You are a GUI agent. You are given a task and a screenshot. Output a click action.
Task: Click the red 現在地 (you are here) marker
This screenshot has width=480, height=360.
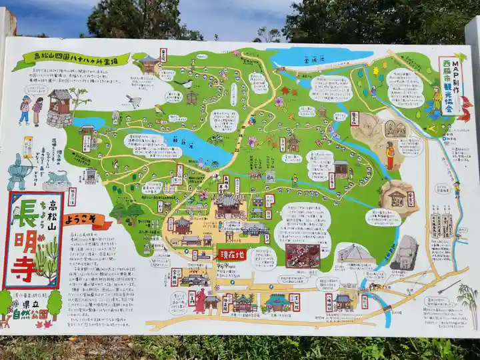pos(231,255)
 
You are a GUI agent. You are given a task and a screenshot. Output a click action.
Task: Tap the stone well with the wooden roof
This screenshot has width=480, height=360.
pos(60,108)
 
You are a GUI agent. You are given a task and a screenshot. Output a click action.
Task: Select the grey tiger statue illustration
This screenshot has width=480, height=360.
pos(57,178)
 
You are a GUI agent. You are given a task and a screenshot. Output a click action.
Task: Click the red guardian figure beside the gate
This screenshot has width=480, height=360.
pos(200,301)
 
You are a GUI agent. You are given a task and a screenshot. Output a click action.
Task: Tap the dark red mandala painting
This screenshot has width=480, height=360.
pos(302,256)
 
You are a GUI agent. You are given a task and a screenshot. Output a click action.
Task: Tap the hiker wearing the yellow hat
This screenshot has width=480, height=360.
pos(25,109)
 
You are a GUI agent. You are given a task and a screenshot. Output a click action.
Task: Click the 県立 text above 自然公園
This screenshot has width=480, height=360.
pos(31,303)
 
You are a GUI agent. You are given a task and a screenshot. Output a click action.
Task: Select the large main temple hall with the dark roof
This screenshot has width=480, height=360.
pos(228,204)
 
